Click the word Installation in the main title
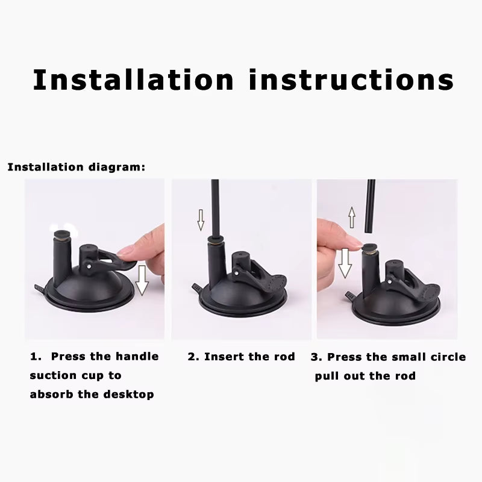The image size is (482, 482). [x=133, y=80]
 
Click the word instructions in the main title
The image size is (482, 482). [x=351, y=80]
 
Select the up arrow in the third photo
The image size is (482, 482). [x=352, y=216]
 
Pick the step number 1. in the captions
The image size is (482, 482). [x=36, y=357]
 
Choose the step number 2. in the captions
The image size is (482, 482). [x=193, y=357]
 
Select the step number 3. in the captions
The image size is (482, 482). [x=316, y=357]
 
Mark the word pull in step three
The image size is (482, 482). [x=328, y=377]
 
